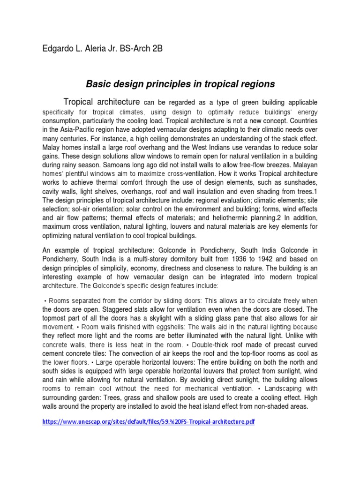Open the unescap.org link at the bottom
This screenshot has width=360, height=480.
[x=148, y=422]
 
